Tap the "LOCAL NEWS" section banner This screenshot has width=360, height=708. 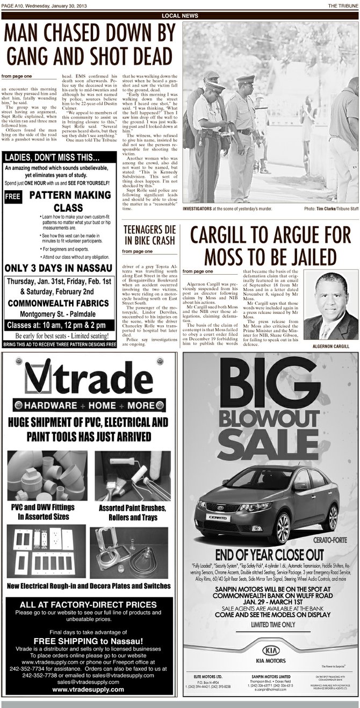pos(179,16)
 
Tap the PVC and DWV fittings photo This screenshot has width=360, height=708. pos(48,476)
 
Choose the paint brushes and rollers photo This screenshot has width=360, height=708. pos(132,476)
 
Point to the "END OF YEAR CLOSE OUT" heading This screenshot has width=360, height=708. pos(270,554)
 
